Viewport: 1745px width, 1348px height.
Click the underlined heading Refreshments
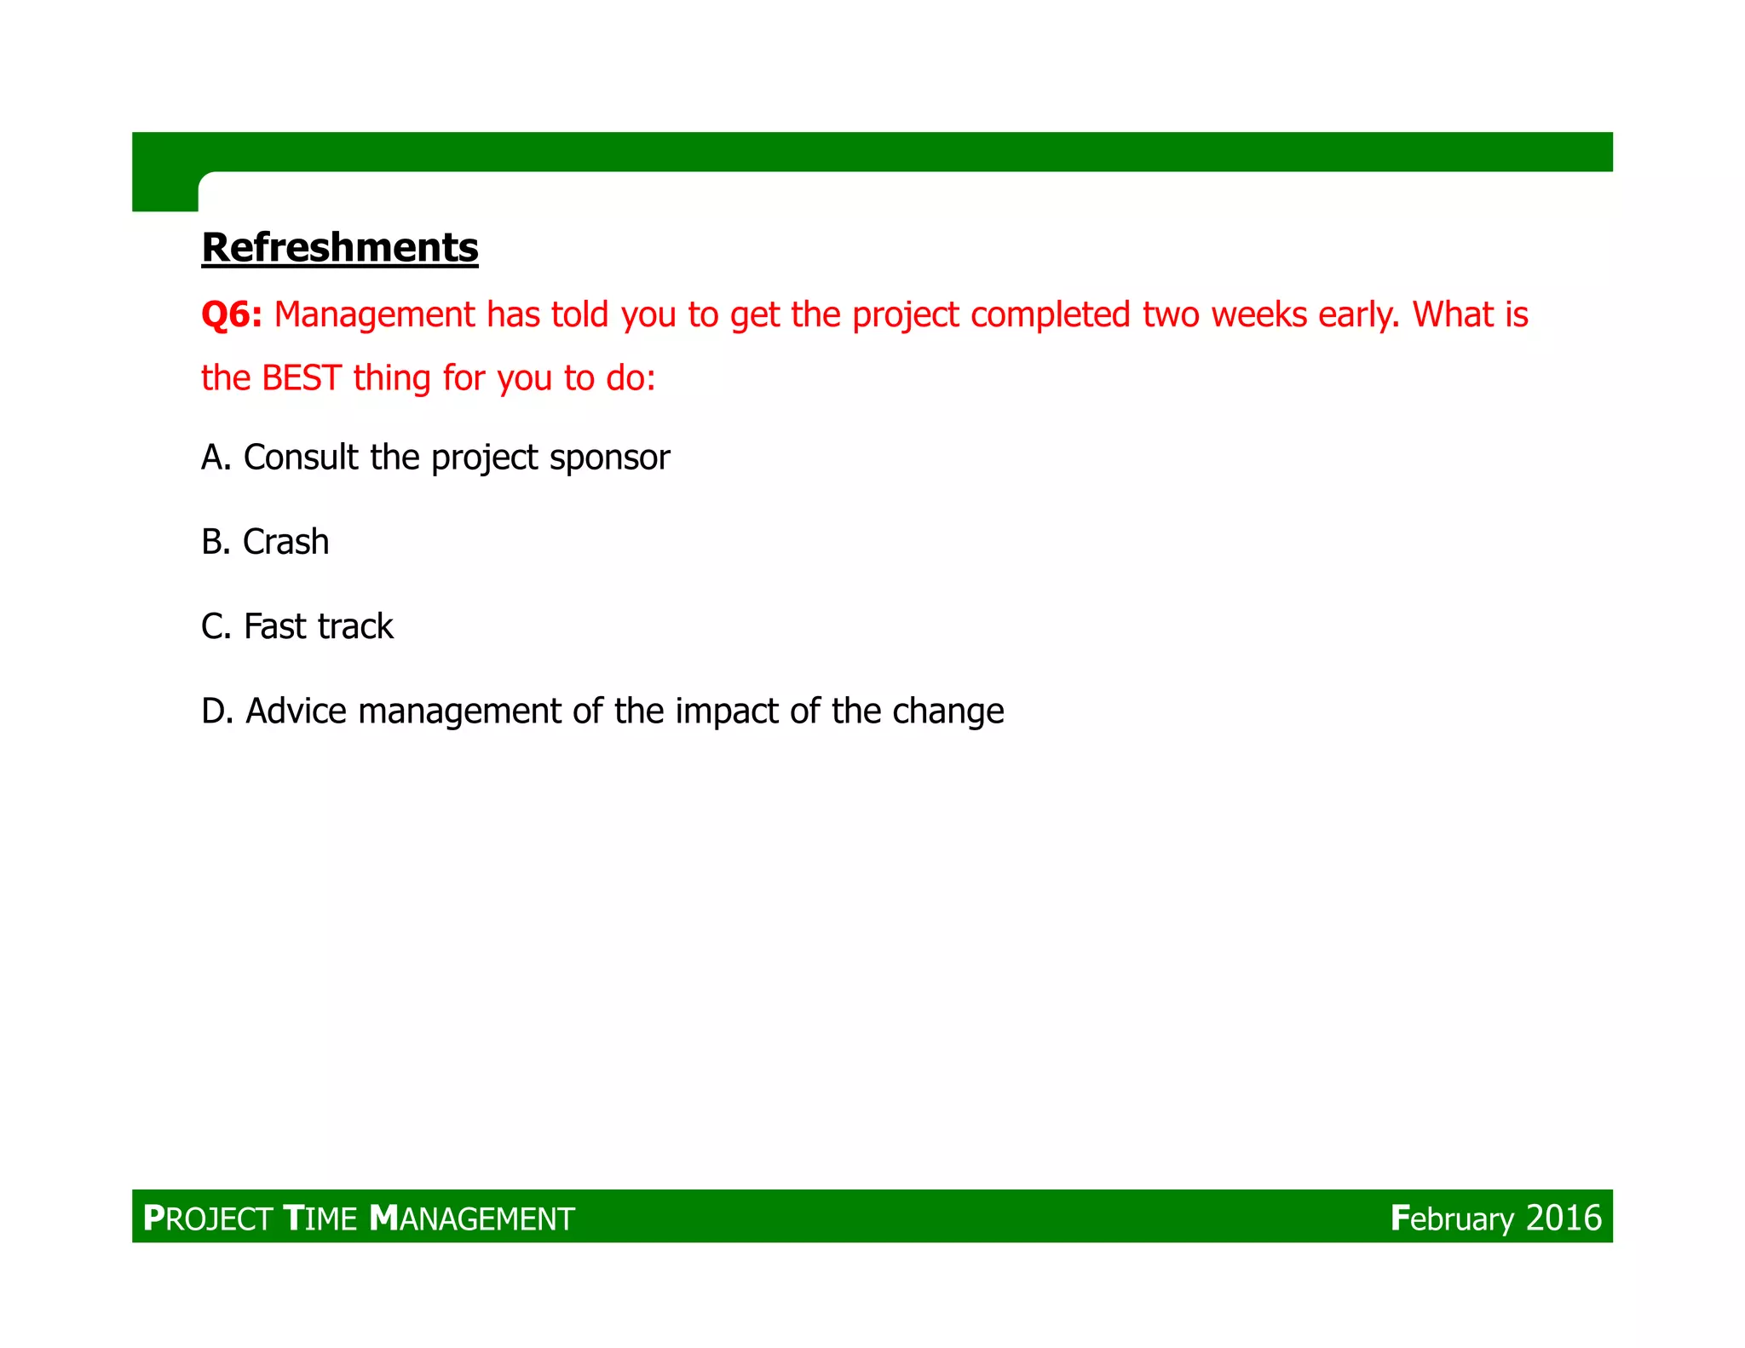(x=339, y=248)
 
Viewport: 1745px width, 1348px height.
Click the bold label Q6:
(x=231, y=314)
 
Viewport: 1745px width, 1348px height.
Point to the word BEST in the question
(x=302, y=378)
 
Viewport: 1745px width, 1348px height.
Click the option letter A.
(x=214, y=458)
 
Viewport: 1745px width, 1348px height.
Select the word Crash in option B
(x=285, y=542)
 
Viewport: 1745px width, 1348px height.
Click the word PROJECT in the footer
(x=207, y=1218)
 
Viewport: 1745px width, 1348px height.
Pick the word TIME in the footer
(x=320, y=1218)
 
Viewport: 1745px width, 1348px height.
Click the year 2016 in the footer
(x=1564, y=1218)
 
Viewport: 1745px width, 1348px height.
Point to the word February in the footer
(x=1452, y=1218)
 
